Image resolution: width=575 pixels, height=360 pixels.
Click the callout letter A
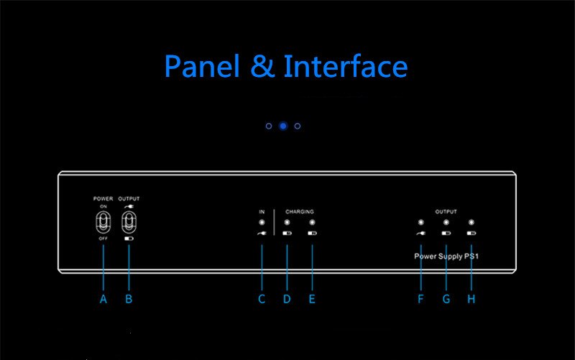[103, 299]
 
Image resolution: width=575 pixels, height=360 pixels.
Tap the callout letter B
[129, 299]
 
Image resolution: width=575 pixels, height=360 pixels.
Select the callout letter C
[262, 299]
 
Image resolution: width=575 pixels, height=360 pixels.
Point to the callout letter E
[312, 299]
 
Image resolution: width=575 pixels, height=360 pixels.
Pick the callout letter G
[446, 299]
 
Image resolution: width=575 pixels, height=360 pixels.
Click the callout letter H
[471, 299]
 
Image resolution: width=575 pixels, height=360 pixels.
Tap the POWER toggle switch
[103, 223]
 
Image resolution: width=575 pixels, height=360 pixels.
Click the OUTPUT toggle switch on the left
[129, 223]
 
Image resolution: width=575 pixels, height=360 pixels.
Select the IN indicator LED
[262, 222]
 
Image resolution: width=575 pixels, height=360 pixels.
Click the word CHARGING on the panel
[300, 211]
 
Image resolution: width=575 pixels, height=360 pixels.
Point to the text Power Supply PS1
[446, 257]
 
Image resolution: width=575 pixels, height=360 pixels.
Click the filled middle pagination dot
[283, 126]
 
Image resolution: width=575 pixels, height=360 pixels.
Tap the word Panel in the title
[203, 66]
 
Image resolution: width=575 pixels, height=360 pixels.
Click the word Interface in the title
[346, 66]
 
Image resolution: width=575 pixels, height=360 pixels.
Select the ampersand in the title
[262, 66]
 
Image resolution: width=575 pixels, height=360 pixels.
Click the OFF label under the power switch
[103, 239]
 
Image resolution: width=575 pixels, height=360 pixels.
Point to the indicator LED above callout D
[287, 222]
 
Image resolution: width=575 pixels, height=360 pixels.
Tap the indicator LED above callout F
[421, 222]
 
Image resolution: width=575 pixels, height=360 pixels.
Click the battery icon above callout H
[471, 233]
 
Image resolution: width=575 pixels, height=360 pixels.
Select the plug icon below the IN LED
[262, 233]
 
